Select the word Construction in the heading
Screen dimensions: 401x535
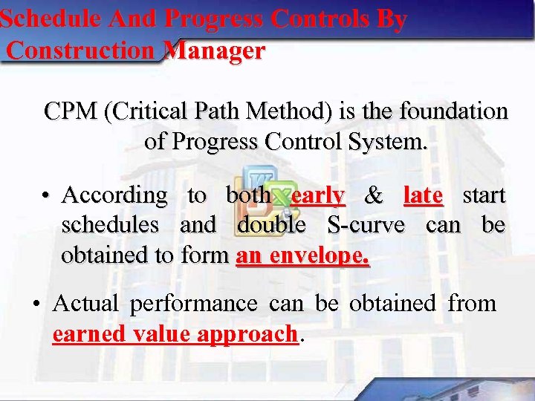click(x=82, y=51)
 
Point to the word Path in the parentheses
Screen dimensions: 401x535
click(x=222, y=111)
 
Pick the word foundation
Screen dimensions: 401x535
click(x=453, y=111)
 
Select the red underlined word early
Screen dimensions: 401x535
click(x=318, y=195)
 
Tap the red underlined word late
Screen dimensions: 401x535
click(x=423, y=195)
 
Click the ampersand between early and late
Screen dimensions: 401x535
click(x=374, y=196)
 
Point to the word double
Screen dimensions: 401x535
click(x=271, y=224)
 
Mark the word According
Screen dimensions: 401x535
click(x=115, y=196)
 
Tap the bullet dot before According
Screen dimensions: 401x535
click(x=46, y=196)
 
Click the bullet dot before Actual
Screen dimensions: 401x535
click(x=36, y=304)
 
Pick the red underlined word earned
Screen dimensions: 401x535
click(x=88, y=334)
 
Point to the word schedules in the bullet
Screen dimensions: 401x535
click(x=110, y=224)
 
